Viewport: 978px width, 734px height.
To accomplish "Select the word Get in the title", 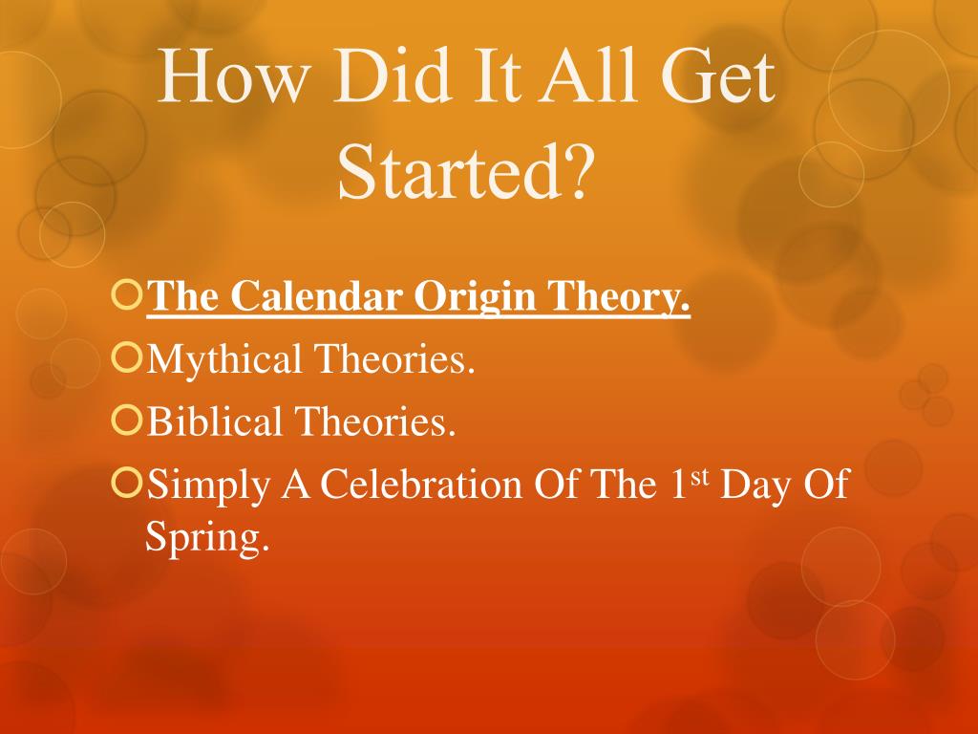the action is tap(718, 76).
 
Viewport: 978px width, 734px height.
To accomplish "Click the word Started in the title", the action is tap(449, 171).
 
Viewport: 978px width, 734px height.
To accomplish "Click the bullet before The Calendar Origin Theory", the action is tap(127, 294).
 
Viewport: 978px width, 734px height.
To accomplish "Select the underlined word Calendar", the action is tap(316, 295).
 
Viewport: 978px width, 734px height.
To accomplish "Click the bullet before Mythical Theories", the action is tap(127, 357).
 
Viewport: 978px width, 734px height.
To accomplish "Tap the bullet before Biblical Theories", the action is tap(127, 420).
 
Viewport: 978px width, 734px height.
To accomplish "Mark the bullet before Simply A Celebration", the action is tap(127, 483).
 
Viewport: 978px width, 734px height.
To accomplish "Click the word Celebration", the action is tap(421, 484).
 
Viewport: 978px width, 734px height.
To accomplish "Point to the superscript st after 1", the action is tap(700, 477).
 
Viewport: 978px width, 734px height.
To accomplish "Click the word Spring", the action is tap(207, 538).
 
